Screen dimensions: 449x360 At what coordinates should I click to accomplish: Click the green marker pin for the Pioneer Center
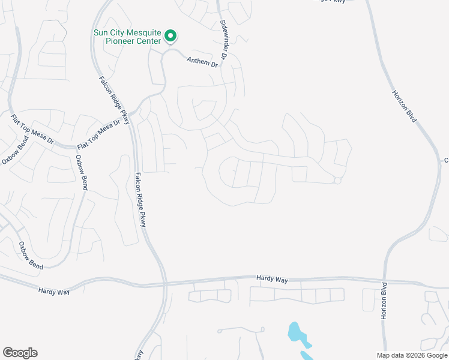pyautogui.click(x=170, y=36)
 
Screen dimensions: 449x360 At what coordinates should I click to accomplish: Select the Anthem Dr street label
pyautogui.click(x=201, y=61)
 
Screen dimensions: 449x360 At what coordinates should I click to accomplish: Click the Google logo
pyautogui.click(x=20, y=353)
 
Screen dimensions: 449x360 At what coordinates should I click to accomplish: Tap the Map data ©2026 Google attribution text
pyautogui.click(x=412, y=355)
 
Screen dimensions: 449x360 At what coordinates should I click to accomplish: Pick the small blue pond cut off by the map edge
pyautogui.click(x=306, y=355)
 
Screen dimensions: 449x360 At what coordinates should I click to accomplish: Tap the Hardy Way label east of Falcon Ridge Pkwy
pyautogui.click(x=272, y=278)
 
